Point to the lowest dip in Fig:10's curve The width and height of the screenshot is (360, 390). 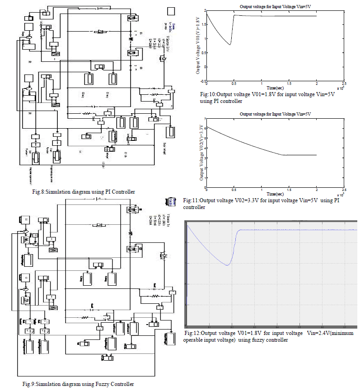tap(230, 45)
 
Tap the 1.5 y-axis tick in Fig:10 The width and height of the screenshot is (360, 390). tap(204, 24)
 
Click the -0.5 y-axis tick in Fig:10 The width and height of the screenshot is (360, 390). tap(202, 82)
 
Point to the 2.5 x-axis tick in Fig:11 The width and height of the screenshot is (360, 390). tap(344, 190)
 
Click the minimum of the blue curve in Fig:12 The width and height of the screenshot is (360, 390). tap(228, 265)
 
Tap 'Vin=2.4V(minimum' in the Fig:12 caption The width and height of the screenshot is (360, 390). tap(329, 333)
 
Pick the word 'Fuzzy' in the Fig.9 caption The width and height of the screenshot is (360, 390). tap(97, 384)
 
